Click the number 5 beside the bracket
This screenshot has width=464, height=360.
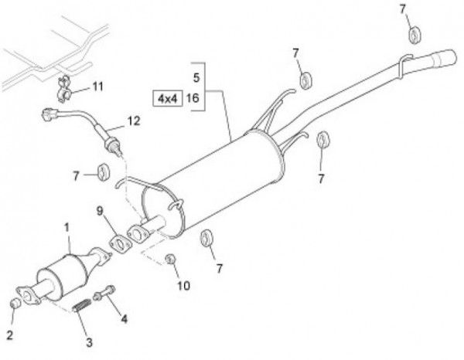coord(196,77)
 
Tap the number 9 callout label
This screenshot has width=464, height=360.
coord(100,210)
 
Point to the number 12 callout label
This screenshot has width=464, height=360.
coord(134,121)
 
